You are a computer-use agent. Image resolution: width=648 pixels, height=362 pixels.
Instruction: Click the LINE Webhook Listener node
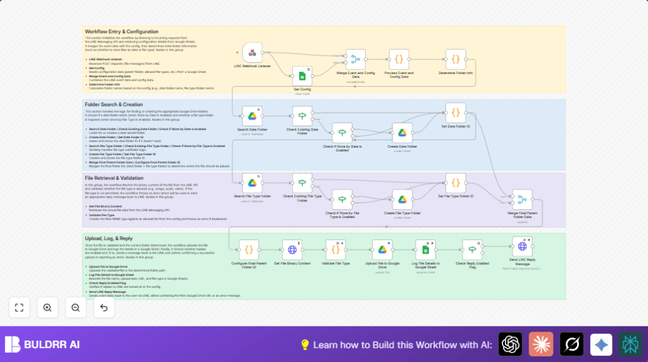point(252,53)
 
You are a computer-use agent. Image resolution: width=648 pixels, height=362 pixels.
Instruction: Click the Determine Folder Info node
point(455,60)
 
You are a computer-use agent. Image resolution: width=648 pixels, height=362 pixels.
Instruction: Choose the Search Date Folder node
point(252,116)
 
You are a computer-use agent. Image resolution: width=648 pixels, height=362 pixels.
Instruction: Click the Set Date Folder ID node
point(455,113)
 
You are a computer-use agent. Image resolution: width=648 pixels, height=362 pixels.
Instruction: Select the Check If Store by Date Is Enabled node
point(342,133)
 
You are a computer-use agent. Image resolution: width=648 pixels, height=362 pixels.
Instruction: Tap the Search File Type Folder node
point(252,183)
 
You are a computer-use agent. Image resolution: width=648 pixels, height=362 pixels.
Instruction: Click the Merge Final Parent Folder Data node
point(522,200)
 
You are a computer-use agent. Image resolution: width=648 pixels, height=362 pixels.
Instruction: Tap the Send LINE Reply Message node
point(522,247)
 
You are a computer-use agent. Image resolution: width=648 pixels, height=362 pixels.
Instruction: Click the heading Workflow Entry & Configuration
point(121,31)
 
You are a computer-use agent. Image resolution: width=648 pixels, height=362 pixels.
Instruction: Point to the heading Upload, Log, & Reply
point(109,238)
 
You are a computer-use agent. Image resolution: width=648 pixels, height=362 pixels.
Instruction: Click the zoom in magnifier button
point(47,307)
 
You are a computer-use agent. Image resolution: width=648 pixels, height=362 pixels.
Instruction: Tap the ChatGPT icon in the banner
point(510,344)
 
